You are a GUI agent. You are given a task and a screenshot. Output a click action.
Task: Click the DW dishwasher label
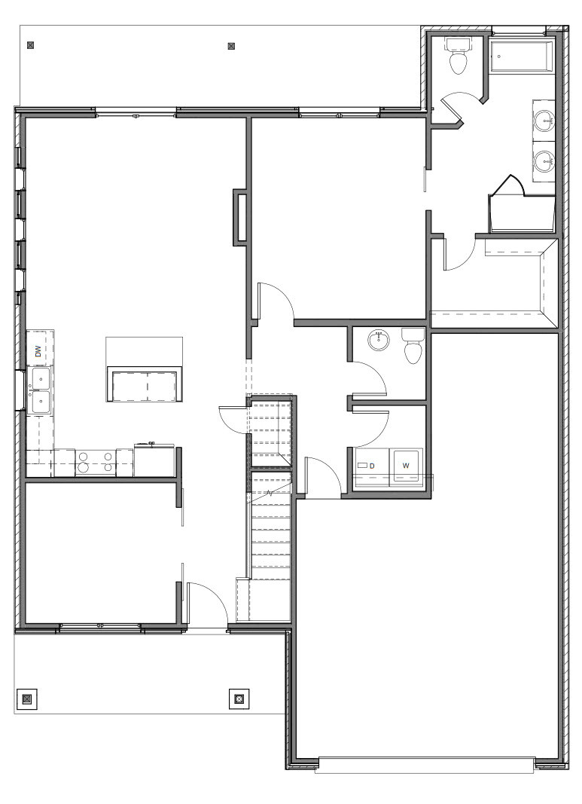38,350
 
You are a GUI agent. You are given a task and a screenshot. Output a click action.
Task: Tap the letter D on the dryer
372,466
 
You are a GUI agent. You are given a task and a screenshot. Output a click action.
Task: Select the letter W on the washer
406,466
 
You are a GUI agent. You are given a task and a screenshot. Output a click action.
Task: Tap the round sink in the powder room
379,341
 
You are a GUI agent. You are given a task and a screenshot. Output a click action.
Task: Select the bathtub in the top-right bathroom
522,57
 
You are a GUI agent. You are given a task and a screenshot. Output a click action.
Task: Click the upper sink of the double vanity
544,120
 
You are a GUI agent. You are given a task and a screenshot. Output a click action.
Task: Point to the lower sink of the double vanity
544,160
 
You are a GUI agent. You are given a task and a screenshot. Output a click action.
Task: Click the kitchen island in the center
145,385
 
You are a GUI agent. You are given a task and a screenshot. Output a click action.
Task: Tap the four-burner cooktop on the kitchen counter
96,461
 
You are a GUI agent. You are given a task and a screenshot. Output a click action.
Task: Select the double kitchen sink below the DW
38,390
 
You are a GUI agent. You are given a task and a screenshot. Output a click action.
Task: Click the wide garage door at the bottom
425,764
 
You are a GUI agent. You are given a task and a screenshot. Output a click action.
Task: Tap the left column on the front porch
27,698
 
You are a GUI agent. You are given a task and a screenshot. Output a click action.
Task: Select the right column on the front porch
239,698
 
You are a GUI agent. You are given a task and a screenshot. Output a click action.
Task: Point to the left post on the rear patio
30,45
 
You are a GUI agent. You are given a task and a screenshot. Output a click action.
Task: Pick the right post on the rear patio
231,46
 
